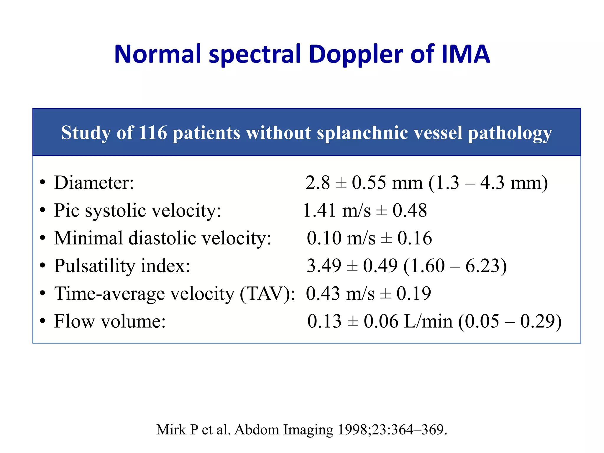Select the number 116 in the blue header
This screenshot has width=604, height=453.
click(152, 133)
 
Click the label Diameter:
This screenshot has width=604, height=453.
click(94, 183)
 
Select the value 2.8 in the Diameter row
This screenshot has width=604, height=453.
click(318, 183)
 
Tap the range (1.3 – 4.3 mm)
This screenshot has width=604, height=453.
click(488, 183)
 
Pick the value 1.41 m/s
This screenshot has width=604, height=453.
click(337, 211)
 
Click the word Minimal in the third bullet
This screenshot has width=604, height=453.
click(89, 238)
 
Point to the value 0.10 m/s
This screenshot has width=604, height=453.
click(341, 238)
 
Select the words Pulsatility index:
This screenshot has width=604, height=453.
click(122, 266)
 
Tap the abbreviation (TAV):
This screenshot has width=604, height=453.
click(267, 294)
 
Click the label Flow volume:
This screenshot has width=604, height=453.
click(110, 321)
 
